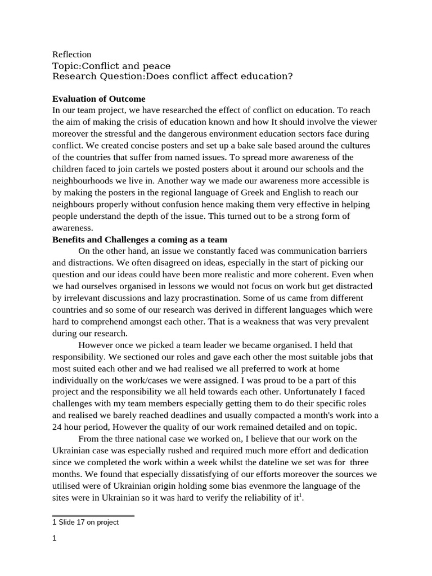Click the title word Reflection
[71, 55]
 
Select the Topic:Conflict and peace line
[111, 66]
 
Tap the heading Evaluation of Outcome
[98, 98]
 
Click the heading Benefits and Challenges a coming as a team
[139, 239]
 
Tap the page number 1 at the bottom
[55, 538]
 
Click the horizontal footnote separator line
[93, 515]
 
